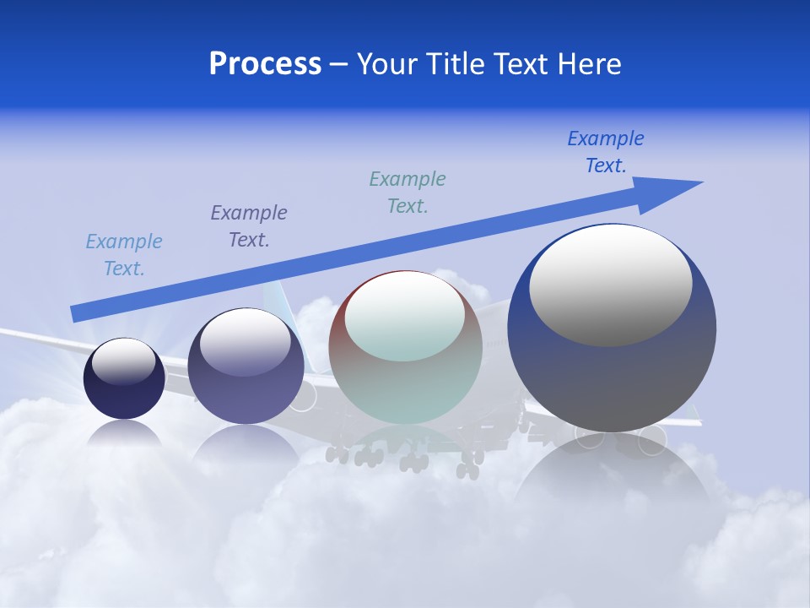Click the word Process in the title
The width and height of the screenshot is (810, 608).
(x=265, y=64)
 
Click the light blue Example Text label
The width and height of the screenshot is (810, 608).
(x=124, y=255)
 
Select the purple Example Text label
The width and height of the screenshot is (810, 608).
(x=249, y=226)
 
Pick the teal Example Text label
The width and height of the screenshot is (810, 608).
(x=408, y=193)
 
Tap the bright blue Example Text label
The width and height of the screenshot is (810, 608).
(x=606, y=152)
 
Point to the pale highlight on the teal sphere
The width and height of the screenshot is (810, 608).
(x=405, y=317)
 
